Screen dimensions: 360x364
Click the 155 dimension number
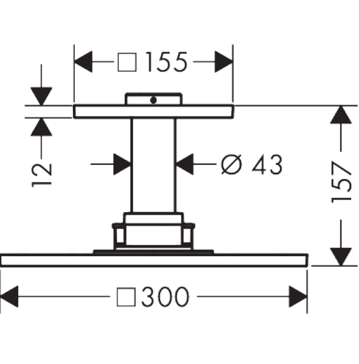click(166, 62)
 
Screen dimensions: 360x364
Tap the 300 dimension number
click(165, 296)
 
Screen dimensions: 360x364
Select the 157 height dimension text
click(341, 182)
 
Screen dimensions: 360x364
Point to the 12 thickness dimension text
click(42, 176)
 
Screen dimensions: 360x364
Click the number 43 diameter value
click(267, 164)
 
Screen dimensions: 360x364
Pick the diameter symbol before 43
click(231, 164)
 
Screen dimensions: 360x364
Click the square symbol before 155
click(127, 62)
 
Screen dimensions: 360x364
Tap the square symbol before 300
click(126, 297)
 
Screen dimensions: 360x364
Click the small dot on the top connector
click(153, 100)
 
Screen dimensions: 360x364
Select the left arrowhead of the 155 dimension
click(83, 62)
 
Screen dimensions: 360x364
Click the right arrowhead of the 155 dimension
click(224, 62)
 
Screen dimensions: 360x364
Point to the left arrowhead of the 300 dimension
click(9, 296)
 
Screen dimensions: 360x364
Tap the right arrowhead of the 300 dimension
click(298, 296)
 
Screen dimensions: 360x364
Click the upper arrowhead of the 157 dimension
click(341, 114)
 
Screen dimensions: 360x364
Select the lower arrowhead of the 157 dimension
click(341, 257)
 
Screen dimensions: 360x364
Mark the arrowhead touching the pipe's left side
click(122, 164)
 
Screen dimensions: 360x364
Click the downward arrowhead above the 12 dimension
click(41, 97)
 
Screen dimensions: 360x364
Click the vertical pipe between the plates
click(153, 166)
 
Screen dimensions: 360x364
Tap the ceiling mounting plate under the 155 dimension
click(154, 112)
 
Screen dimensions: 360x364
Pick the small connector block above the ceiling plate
click(154, 99)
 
